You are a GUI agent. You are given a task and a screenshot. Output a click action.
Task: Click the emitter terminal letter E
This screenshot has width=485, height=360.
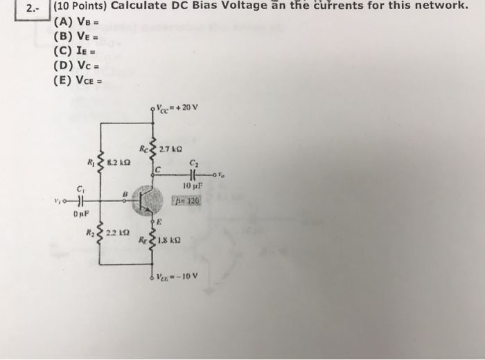pyautogui.click(x=158, y=222)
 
